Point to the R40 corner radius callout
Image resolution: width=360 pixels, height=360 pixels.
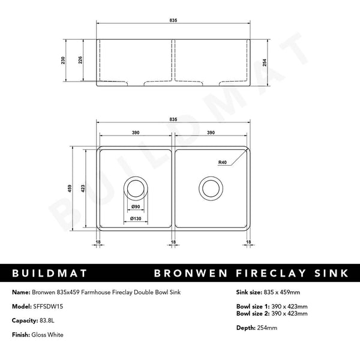(x=223, y=162)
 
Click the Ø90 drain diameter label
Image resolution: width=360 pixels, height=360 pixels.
(x=135, y=207)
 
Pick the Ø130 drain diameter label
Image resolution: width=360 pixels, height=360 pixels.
(x=136, y=218)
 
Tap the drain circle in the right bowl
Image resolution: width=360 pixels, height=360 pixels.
(x=211, y=188)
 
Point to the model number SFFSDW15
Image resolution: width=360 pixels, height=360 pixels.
(x=48, y=305)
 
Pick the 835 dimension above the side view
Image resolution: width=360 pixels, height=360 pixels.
(x=173, y=20)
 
